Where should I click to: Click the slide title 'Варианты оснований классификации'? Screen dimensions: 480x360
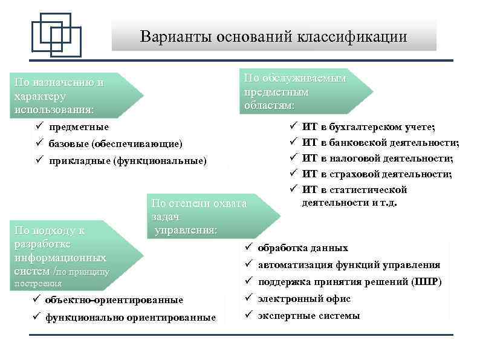(273, 36)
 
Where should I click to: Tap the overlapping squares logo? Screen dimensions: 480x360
(56, 34)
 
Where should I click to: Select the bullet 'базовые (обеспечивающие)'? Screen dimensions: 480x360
(115, 143)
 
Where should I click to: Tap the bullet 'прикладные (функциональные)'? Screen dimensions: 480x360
(128, 160)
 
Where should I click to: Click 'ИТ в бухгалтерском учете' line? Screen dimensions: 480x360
(369, 126)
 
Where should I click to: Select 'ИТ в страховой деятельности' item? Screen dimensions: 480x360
(377, 174)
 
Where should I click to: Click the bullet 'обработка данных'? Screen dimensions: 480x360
(303, 248)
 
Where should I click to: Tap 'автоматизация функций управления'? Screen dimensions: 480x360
(349, 265)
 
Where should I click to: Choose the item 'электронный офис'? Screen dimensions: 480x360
(304, 299)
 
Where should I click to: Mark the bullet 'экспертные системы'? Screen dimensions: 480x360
(308, 316)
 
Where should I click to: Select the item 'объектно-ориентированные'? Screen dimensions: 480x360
(114, 300)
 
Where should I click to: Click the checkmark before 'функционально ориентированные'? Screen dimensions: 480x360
(36, 317)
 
